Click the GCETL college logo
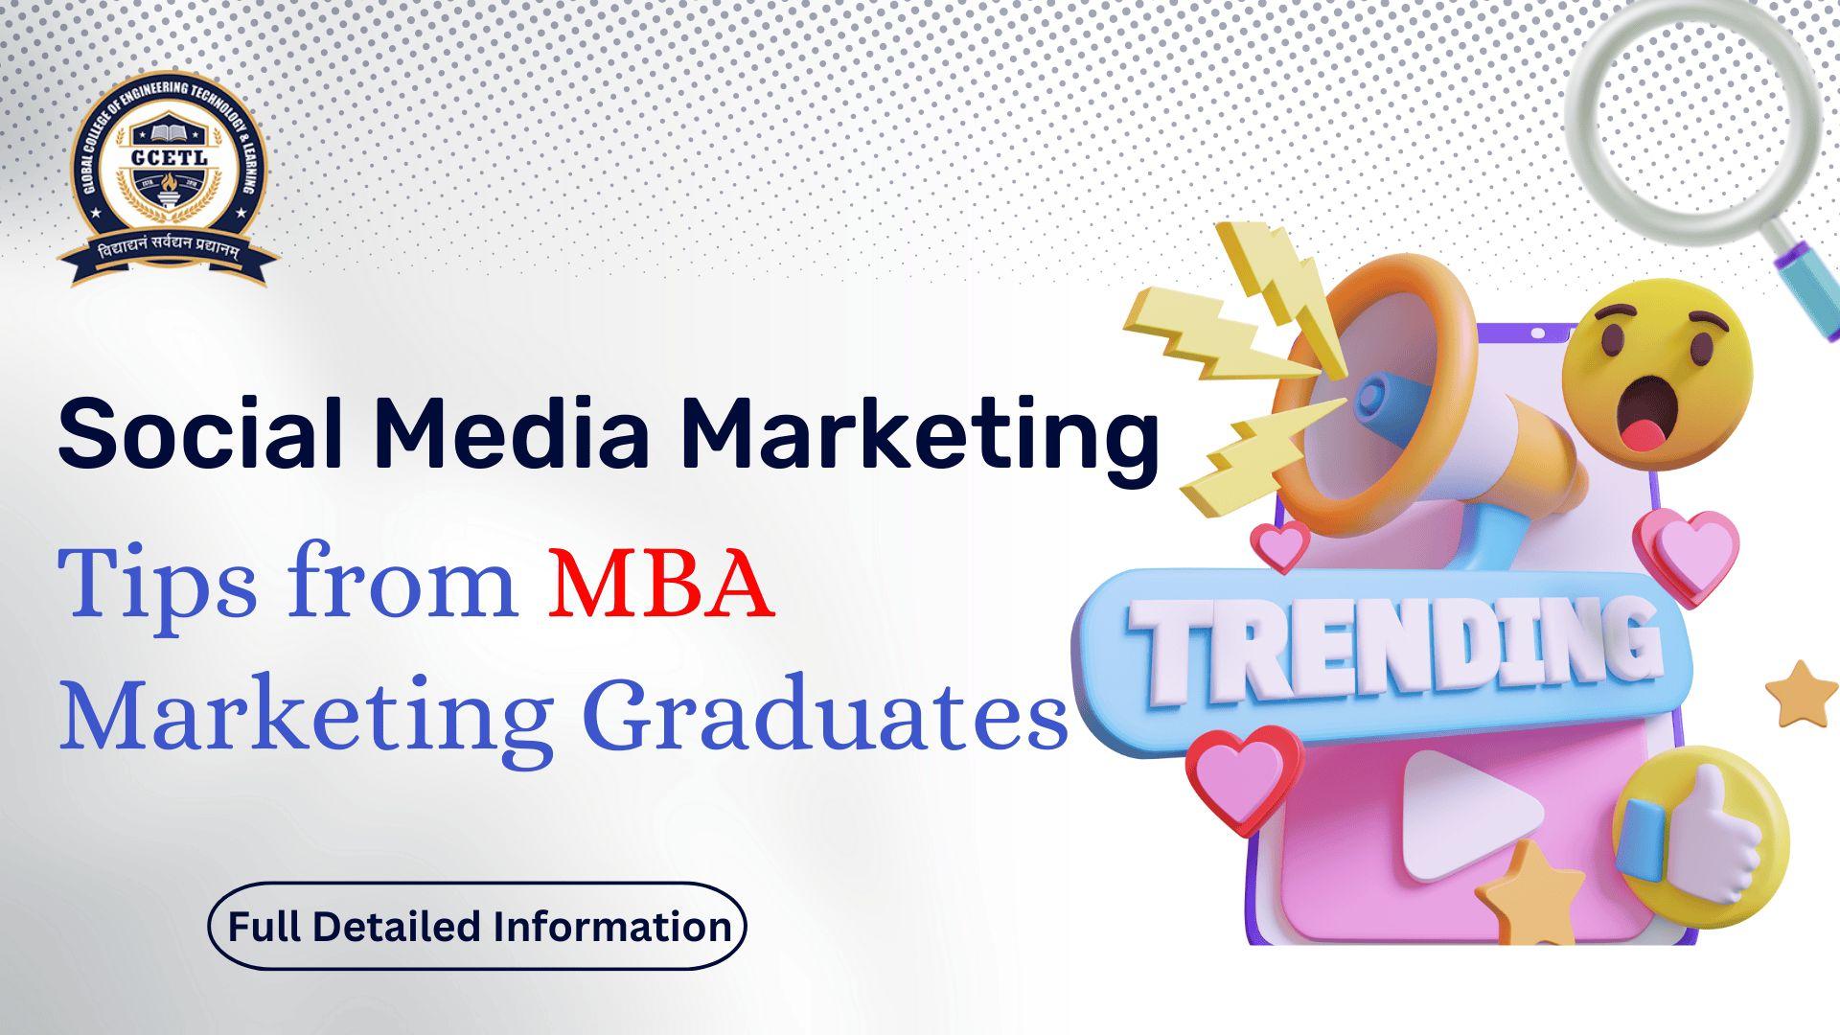168,182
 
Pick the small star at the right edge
1802,694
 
